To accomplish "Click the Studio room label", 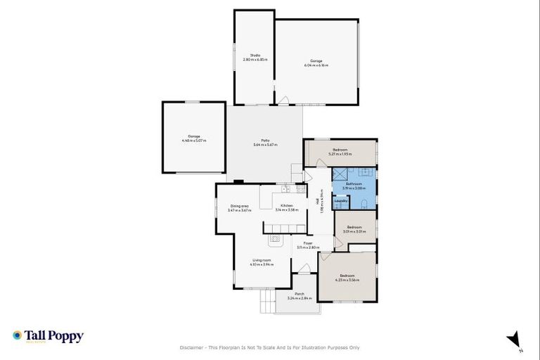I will (255, 56).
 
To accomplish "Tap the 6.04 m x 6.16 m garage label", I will (316, 63).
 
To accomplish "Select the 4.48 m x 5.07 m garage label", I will (193, 138).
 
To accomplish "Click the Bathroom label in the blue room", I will (353, 185).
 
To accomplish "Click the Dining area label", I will (239, 207).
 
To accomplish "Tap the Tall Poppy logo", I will (48, 337).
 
